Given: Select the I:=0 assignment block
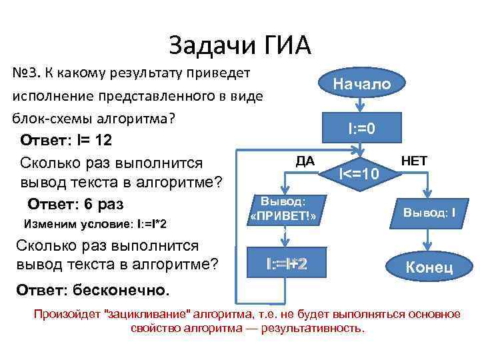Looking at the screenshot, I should [361, 127].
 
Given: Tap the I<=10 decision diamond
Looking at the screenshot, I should [360, 175].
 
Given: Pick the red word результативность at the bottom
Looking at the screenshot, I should [320, 328].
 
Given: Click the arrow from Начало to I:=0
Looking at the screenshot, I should [361, 106].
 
